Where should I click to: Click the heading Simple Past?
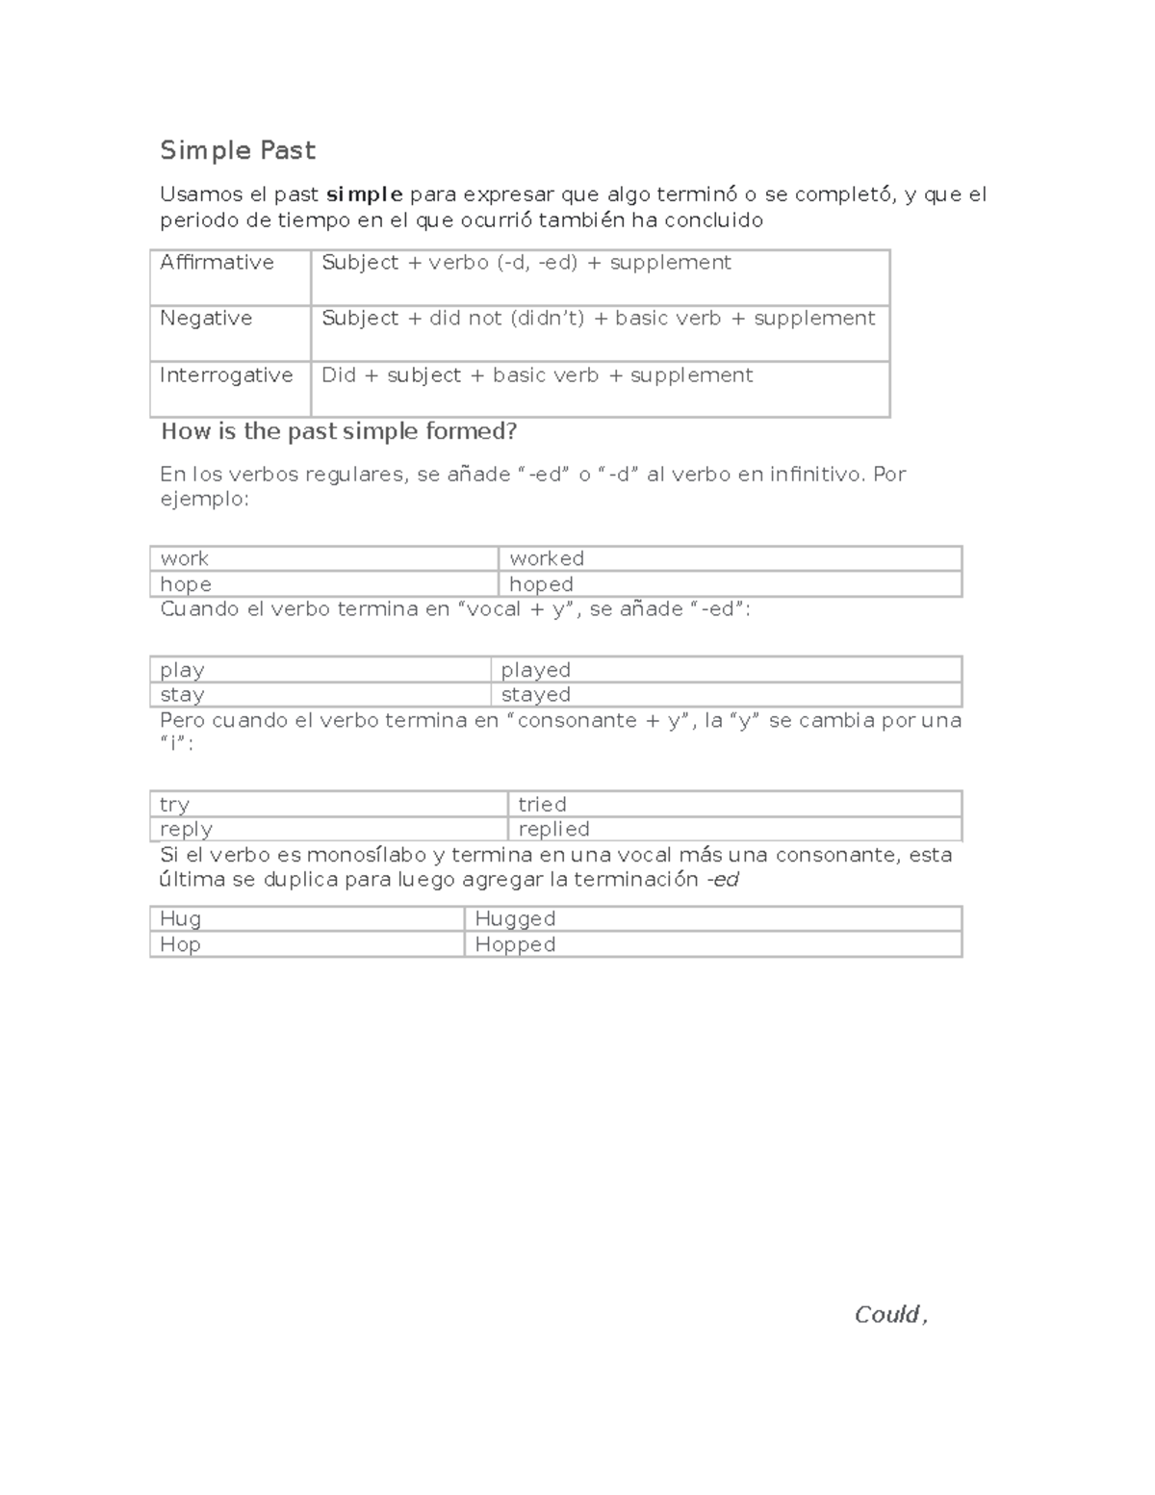[x=237, y=151]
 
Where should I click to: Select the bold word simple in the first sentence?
[x=364, y=194]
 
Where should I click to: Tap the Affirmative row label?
[x=218, y=263]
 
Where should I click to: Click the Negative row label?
[x=206, y=319]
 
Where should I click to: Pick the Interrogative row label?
[x=226, y=375]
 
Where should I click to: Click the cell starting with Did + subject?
[x=537, y=375]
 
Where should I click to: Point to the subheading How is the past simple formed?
[x=339, y=431]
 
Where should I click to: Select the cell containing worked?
[x=547, y=558]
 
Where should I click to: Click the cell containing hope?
[x=186, y=584]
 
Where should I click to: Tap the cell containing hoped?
[x=541, y=584]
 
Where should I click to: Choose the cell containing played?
[x=535, y=670]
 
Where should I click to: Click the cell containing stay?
[x=182, y=695]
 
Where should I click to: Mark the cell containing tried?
[x=542, y=804]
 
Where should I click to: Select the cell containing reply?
[x=186, y=829]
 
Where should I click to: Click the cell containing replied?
[x=553, y=829]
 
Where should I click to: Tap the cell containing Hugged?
[x=515, y=919]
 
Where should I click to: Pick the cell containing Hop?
[x=180, y=944]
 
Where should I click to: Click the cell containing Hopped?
[x=515, y=944]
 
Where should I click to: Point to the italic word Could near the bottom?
[x=886, y=1315]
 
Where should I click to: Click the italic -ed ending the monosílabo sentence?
[x=722, y=880]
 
